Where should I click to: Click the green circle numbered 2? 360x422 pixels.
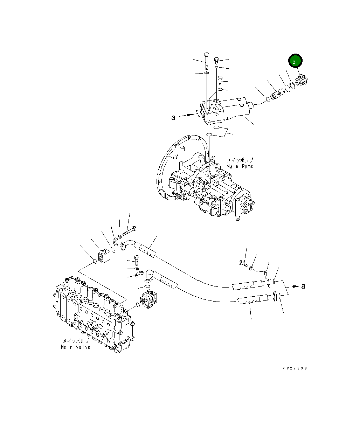coord(295,62)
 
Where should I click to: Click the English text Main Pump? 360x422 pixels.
coord(240,166)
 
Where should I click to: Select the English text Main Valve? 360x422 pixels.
coord(75,347)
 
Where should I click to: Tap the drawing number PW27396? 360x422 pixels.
coord(295,368)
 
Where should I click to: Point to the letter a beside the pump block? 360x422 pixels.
coord(173,118)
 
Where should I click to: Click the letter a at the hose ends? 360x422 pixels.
coord(303,286)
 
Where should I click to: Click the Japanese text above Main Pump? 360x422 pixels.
coord(240,160)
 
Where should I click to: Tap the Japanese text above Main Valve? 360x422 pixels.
coord(76,341)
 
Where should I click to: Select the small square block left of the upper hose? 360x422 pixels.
coord(104,256)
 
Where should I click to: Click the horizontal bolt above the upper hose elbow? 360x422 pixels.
coord(130,230)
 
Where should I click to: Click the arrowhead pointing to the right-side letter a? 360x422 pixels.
coord(296,286)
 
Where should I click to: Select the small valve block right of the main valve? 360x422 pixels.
coord(148,299)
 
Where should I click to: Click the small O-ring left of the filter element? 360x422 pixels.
coord(268,100)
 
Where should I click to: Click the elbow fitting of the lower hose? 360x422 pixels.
coord(149,275)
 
